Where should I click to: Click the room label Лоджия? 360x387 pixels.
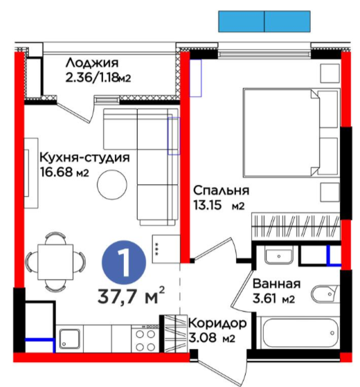tap(92, 63)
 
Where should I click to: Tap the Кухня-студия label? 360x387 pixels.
tap(84, 157)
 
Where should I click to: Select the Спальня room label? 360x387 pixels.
tap(221, 191)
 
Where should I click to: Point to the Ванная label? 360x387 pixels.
tap(276, 284)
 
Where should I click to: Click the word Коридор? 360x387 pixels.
tap(217, 323)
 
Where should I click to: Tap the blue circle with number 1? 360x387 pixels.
tap(124, 262)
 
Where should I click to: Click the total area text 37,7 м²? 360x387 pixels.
tap(131, 295)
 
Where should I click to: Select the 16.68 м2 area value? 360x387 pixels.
tap(64, 172)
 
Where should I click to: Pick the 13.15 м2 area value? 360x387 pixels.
tap(219, 206)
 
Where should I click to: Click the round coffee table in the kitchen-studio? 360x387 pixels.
tap(112, 184)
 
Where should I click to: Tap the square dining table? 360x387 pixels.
tap(55, 262)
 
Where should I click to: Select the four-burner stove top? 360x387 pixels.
tap(145, 339)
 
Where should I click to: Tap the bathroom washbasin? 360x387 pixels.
tap(278, 257)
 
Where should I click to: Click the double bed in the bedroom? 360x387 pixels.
tap(290, 132)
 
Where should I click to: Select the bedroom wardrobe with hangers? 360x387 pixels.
tap(296, 226)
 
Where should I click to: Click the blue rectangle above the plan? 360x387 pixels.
tap(264, 21)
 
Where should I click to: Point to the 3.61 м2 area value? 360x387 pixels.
tap(273, 299)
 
